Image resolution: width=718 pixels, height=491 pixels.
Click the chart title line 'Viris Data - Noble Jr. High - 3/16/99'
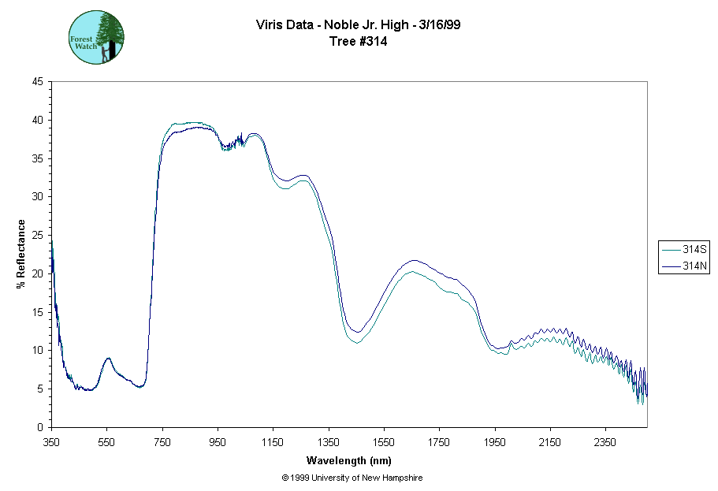pyautogui.click(x=359, y=24)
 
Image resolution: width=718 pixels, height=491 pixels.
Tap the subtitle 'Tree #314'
pyautogui.click(x=359, y=42)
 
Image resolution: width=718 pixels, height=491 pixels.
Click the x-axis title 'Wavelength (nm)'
pyautogui.click(x=349, y=460)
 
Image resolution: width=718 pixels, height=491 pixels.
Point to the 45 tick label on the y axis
pyautogui.click(x=38, y=81)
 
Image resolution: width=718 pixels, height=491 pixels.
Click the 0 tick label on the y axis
pyautogui.click(x=41, y=427)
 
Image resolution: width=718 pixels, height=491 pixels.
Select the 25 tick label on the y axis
pyautogui.click(x=38, y=235)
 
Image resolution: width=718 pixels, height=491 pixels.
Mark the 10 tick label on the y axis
pyautogui.click(x=38, y=350)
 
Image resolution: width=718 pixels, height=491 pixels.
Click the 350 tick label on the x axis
pyautogui.click(x=51, y=442)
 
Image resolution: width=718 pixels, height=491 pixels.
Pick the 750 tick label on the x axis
pyautogui.click(x=162, y=442)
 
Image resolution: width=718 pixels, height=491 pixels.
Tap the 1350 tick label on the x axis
pyautogui.click(x=329, y=442)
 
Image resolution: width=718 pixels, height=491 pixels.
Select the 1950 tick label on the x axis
pyautogui.click(x=495, y=442)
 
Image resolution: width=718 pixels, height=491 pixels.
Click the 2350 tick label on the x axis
pyautogui.click(x=605, y=442)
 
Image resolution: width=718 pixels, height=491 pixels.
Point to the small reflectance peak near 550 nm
pyautogui.click(x=108, y=359)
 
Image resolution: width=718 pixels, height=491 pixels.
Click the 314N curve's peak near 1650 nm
pyautogui.click(x=413, y=260)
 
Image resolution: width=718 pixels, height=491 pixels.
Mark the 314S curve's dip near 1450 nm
pyautogui.click(x=356, y=342)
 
